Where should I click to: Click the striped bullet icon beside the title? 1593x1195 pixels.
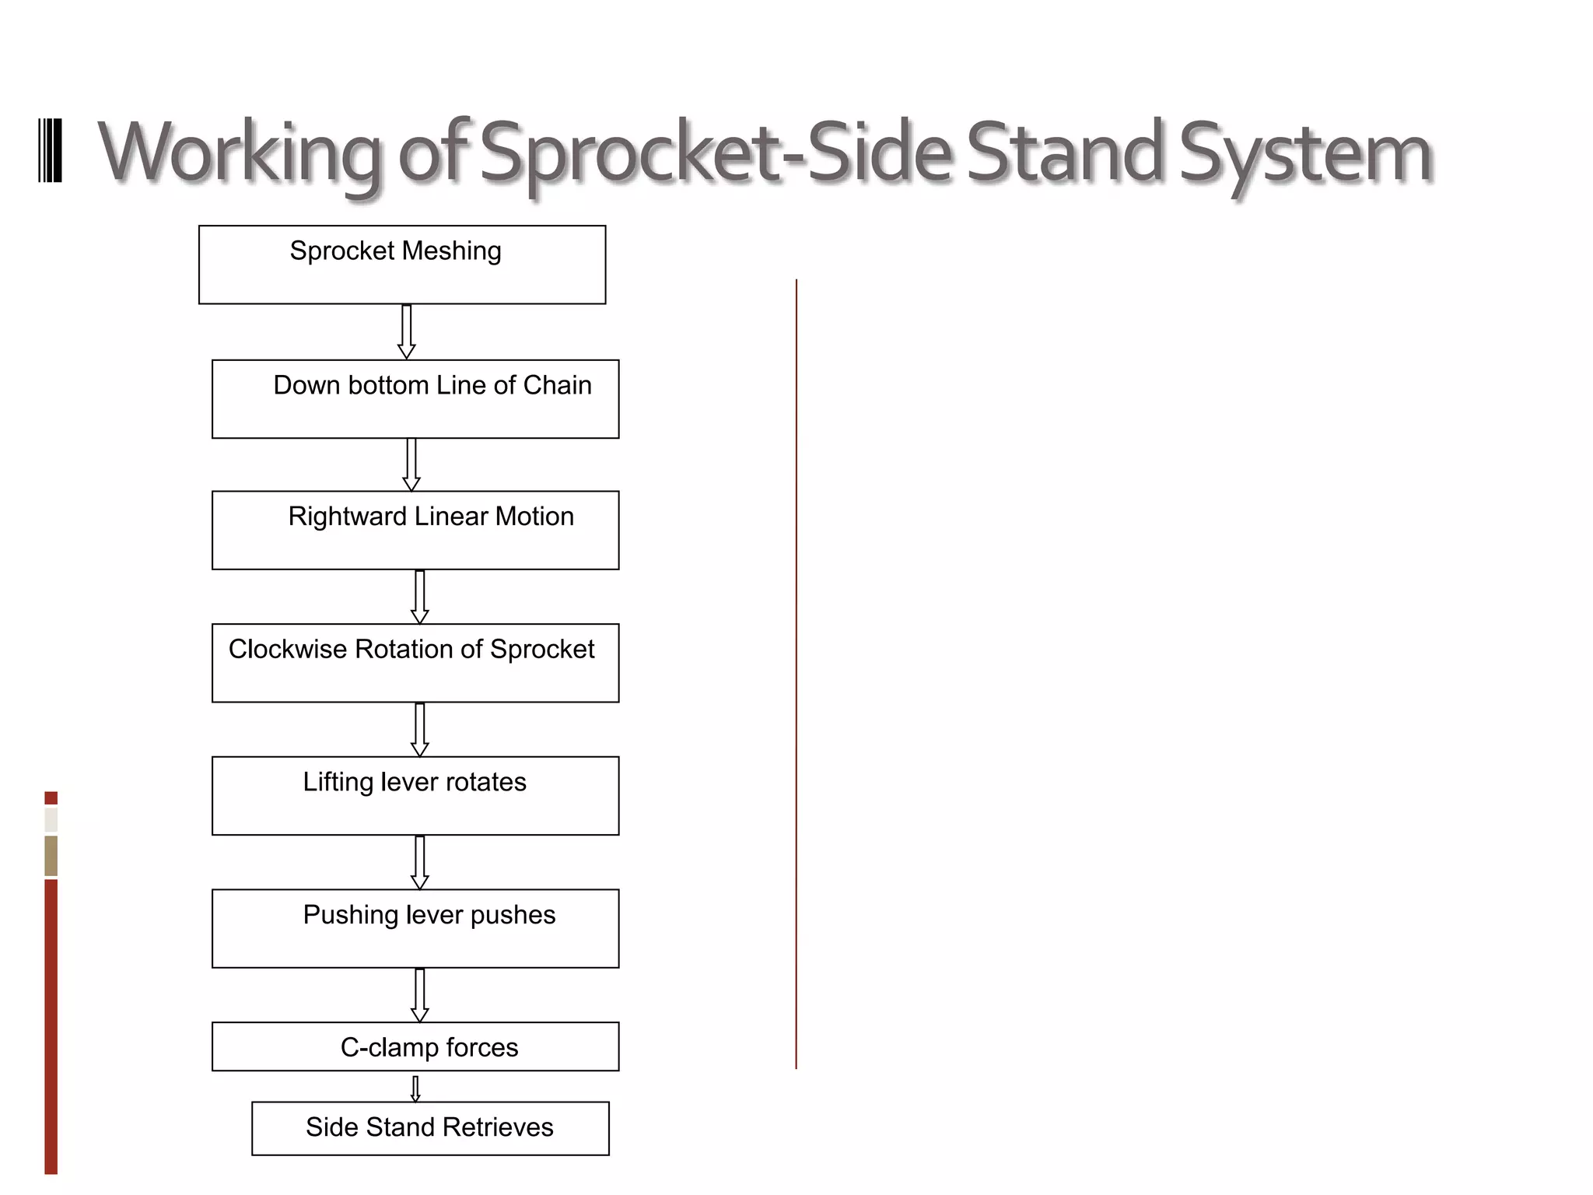[x=50, y=151]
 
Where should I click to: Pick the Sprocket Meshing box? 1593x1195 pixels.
[x=402, y=265]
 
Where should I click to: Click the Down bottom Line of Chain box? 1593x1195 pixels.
[x=415, y=399]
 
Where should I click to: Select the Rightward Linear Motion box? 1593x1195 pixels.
[x=415, y=530]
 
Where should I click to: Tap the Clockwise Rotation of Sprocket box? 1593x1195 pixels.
[x=415, y=663]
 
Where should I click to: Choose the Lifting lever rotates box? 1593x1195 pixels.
[x=415, y=796]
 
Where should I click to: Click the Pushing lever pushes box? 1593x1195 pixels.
[x=415, y=929]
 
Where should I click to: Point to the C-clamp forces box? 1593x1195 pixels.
[x=415, y=1046]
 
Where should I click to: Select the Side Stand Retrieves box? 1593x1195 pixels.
[x=430, y=1128]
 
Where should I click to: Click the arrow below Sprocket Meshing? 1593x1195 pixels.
[x=406, y=332]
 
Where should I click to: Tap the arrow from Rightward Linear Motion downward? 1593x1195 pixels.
[x=419, y=597]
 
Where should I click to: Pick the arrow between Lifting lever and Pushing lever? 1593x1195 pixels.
[x=419, y=863]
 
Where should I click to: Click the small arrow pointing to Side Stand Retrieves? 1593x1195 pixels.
[x=415, y=1088]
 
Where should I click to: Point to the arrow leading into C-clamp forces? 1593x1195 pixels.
[x=419, y=996]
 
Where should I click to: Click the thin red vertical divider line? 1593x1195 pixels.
[x=796, y=674]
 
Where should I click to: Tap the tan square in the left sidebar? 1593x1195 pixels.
[x=51, y=856]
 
